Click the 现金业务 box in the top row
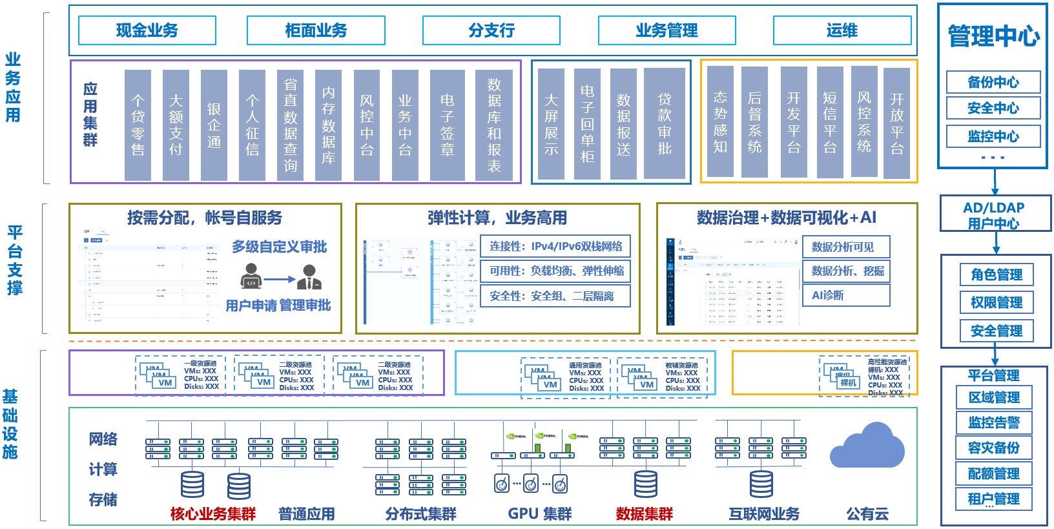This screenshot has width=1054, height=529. click(147, 30)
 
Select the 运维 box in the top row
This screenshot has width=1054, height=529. click(842, 30)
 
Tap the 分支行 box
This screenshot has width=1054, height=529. click(491, 30)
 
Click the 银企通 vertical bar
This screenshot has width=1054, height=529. click(214, 125)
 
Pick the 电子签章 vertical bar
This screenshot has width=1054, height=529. click(447, 125)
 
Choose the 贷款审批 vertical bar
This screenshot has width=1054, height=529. click(665, 123)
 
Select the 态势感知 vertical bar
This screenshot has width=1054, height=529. click(720, 122)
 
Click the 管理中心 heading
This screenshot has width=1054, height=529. click(993, 36)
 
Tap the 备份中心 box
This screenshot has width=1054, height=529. click(993, 82)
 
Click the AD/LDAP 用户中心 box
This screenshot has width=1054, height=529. click(995, 215)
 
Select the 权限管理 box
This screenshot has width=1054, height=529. click(997, 302)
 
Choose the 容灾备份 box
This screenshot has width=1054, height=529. click(994, 448)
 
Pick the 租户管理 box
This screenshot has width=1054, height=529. click(994, 499)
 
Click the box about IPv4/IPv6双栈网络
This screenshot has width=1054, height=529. click(555, 246)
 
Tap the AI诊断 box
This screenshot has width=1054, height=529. click(846, 295)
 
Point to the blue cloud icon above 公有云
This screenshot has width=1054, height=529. click(867, 446)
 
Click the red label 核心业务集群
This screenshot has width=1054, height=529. click(213, 513)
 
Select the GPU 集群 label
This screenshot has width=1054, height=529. click(540, 513)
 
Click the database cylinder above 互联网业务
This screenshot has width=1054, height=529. click(761, 484)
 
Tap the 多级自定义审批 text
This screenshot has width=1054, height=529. click(280, 247)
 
